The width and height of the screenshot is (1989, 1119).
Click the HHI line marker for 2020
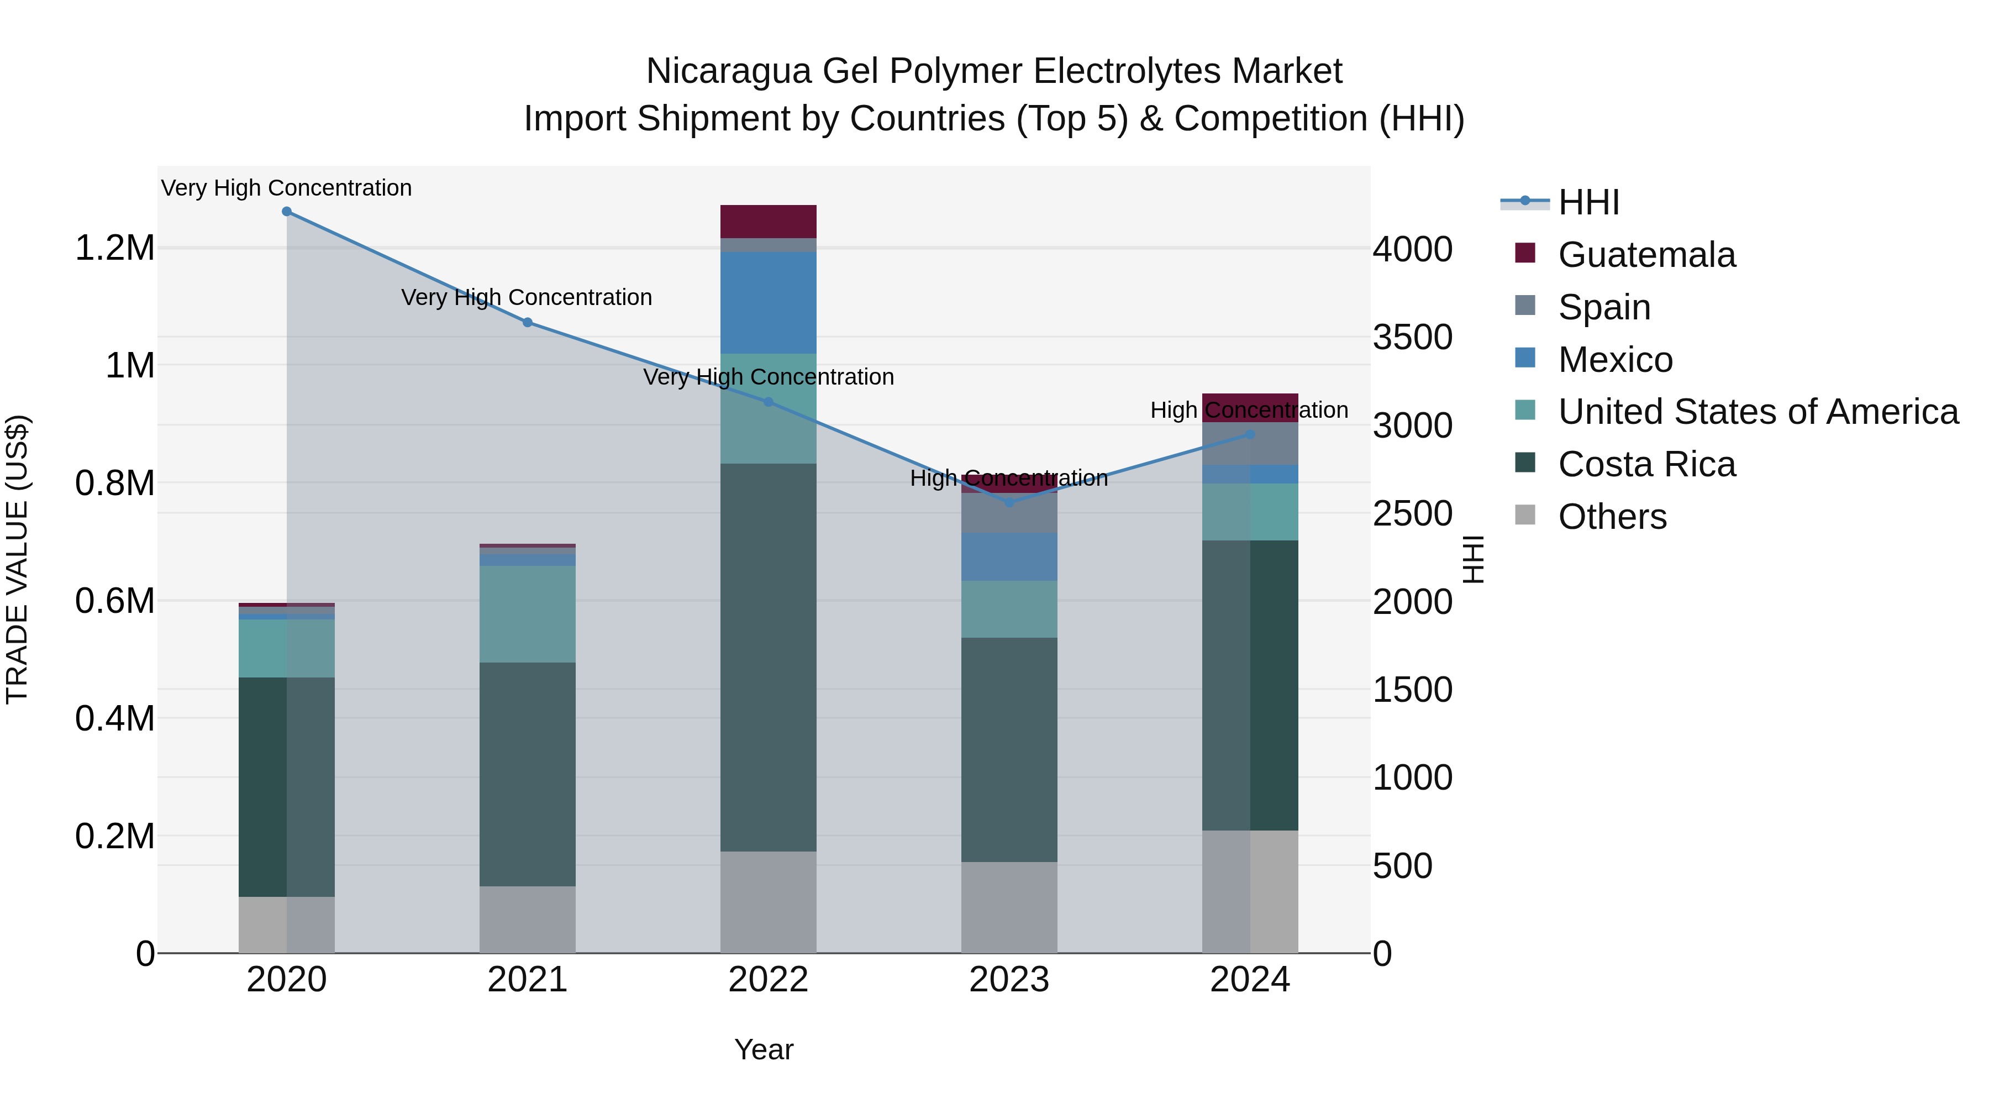[x=286, y=212]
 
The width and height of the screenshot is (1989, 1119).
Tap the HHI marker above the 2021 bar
[x=528, y=323]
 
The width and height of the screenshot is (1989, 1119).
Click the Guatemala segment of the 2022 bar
[x=769, y=222]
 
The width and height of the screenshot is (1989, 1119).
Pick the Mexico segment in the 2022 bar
[x=769, y=303]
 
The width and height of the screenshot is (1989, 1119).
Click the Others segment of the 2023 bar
[x=1009, y=907]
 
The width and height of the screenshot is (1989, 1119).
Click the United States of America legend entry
[x=1758, y=412]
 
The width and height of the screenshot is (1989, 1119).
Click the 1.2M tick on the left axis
[x=114, y=249]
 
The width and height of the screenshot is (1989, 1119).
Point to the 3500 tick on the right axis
[x=1412, y=338]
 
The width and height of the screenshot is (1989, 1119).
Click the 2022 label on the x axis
[x=769, y=980]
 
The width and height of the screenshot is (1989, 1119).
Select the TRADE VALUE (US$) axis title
[x=18, y=559]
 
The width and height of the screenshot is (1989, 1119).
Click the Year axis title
[x=764, y=1049]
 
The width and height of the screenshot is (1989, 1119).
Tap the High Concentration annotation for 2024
[x=1249, y=410]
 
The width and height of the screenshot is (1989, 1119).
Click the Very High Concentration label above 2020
[x=286, y=188]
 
